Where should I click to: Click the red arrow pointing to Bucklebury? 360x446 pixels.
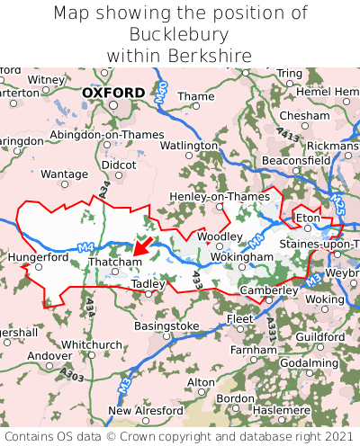coord(140,245)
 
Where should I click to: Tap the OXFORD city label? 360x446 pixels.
coord(112,93)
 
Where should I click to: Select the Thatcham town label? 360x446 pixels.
coord(114,262)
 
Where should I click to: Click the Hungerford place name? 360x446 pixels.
coord(38,256)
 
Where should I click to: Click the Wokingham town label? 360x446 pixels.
coord(241,257)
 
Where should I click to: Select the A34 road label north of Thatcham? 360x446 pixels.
coord(105,189)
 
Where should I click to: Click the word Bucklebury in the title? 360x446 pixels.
coord(180,34)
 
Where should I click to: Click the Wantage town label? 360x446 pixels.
coord(65,174)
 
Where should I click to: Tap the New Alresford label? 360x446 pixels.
coord(145,411)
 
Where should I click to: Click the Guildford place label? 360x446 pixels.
coord(319,336)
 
